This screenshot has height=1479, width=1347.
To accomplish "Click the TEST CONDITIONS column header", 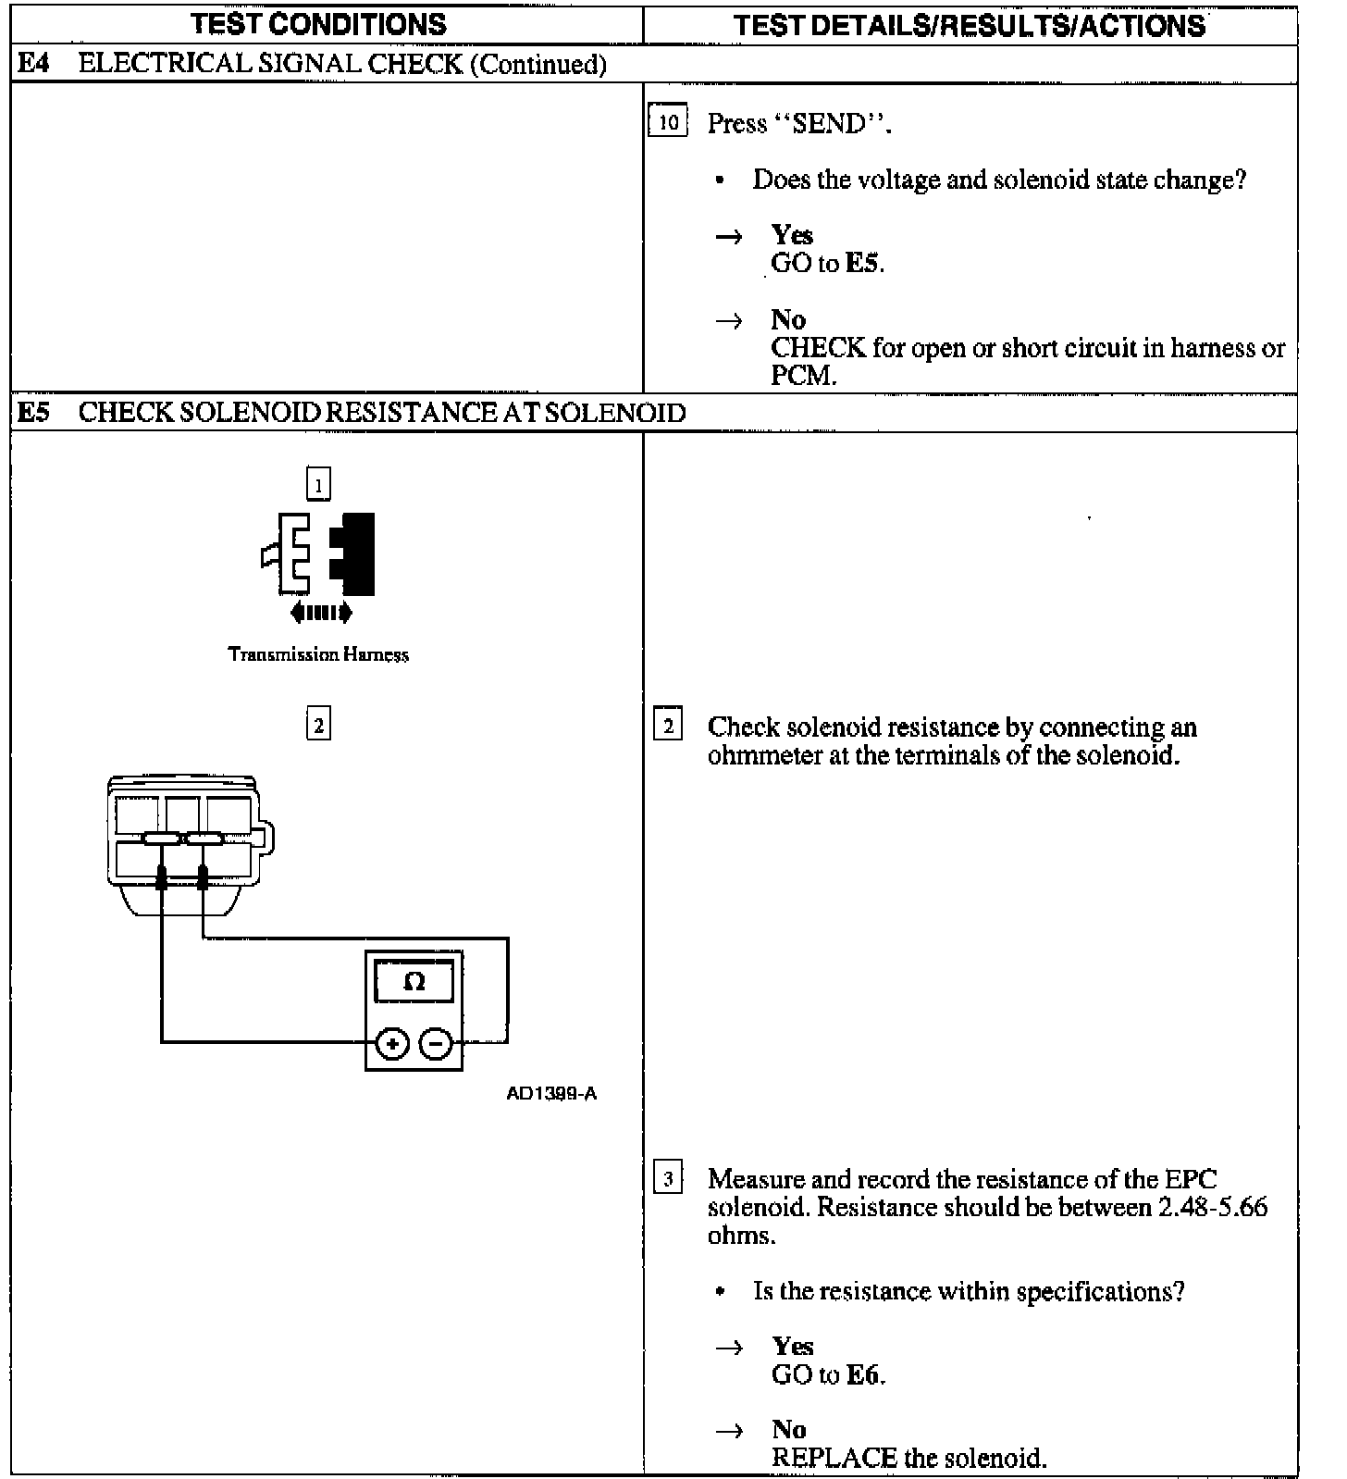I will click(x=318, y=24).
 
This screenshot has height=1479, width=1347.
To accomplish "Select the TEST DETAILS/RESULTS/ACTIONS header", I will click(x=970, y=25).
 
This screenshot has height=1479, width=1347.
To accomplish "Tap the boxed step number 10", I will click(x=668, y=122).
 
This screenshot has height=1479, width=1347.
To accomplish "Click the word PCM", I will click(x=803, y=376).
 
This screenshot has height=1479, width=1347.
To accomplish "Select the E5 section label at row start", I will click(x=33, y=413).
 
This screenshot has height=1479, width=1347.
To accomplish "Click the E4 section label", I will click(x=33, y=64).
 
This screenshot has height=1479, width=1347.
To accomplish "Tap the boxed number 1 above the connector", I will click(x=318, y=484).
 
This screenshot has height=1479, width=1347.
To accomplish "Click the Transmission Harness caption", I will click(x=318, y=654).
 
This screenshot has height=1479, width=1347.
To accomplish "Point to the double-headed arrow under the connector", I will click(x=320, y=611).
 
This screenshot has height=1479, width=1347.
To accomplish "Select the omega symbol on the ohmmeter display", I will click(x=414, y=982).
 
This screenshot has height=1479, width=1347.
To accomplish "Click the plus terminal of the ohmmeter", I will click(x=392, y=1045).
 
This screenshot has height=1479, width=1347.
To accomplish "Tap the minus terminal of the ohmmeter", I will click(x=436, y=1045).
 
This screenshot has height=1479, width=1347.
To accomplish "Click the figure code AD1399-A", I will click(x=551, y=1094).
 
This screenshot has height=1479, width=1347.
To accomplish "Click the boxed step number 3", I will click(x=668, y=1179).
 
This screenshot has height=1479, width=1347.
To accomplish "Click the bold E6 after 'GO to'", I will click(x=863, y=1375).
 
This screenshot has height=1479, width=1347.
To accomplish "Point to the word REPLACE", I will click(x=834, y=1459).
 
